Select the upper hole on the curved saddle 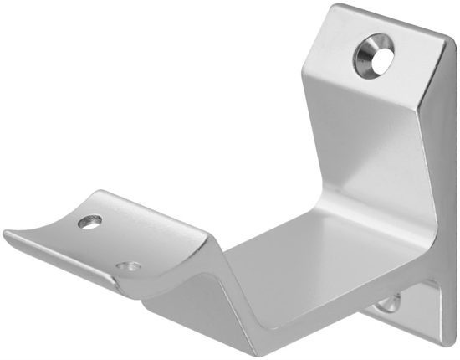click(89, 222)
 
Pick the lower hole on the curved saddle click(128, 267)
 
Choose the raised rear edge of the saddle click(142, 205)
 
